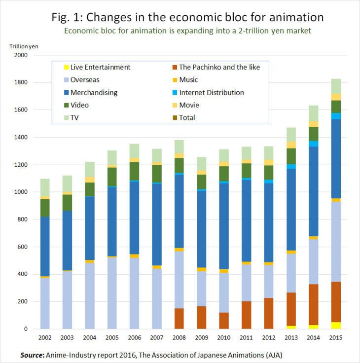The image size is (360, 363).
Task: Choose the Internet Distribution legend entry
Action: pos(212,92)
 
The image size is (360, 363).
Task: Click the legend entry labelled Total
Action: pos(187,117)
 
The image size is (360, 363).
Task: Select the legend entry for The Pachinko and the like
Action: pos(219,67)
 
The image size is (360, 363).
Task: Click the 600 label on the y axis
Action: pos(23,247)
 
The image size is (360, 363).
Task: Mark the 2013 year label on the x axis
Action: pos(290,338)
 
